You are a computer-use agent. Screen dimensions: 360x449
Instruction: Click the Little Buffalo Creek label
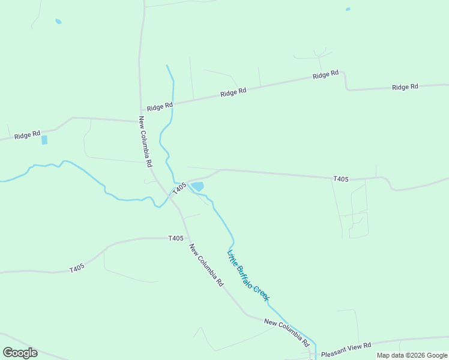(x=249, y=275)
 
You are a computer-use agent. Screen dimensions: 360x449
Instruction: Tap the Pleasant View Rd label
(x=346, y=346)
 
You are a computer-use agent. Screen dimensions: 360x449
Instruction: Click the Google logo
(x=20, y=352)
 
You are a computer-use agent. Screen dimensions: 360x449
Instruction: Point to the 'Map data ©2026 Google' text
(x=412, y=355)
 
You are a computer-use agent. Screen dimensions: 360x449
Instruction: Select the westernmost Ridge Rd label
(x=28, y=134)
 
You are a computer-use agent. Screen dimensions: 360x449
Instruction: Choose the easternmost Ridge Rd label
(x=405, y=87)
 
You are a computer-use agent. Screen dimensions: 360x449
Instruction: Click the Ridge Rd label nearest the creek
(x=160, y=106)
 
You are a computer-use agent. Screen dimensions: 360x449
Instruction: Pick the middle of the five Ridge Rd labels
(x=234, y=92)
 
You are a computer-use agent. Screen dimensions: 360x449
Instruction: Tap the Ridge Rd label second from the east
(x=326, y=75)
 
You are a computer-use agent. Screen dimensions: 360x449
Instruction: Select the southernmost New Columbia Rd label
(x=286, y=332)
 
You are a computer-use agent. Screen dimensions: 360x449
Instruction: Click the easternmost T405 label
(x=341, y=179)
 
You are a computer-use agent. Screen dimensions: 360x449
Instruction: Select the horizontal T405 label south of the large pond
(x=176, y=238)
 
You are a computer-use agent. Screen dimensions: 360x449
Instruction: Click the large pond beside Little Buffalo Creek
(x=197, y=187)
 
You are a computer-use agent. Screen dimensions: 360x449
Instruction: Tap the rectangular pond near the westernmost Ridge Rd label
(x=44, y=140)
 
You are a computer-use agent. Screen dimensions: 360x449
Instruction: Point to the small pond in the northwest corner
(x=58, y=22)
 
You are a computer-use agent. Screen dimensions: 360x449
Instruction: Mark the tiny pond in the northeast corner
(x=348, y=9)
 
